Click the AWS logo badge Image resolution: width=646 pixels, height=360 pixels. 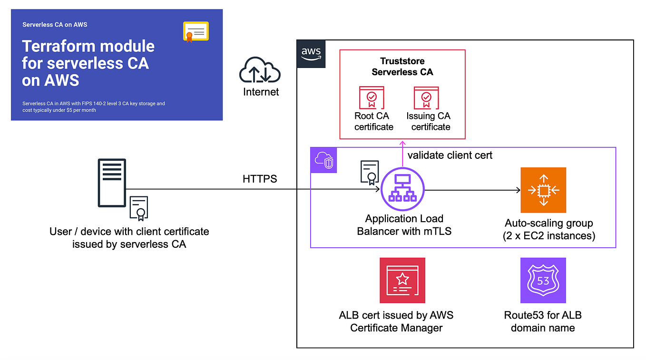point(311,54)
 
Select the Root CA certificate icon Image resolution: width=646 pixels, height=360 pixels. point(372,98)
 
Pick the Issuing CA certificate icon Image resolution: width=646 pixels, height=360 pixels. point(426,98)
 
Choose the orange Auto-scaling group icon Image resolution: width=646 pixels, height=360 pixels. point(543,190)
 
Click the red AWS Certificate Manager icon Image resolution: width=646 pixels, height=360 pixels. point(402,281)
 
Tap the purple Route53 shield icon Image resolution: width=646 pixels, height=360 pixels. point(543,281)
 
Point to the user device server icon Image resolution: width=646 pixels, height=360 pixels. point(112,183)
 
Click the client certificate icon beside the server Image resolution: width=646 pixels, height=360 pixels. point(139,208)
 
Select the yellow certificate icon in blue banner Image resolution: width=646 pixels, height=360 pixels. point(196,32)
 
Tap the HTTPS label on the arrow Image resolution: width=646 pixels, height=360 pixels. point(260,179)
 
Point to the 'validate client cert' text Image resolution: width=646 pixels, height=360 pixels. point(450,155)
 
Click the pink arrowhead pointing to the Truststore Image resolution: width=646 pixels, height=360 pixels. point(403,143)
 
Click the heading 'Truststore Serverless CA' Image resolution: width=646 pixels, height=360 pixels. point(402,67)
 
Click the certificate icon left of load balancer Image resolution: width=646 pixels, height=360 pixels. point(370,173)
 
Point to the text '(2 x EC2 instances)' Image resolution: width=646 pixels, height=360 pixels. point(549,235)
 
